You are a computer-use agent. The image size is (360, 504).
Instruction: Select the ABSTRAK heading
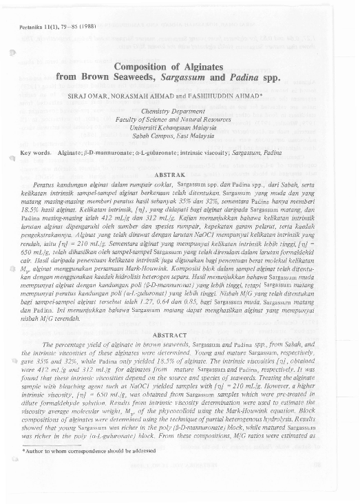(x=180, y=175)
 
